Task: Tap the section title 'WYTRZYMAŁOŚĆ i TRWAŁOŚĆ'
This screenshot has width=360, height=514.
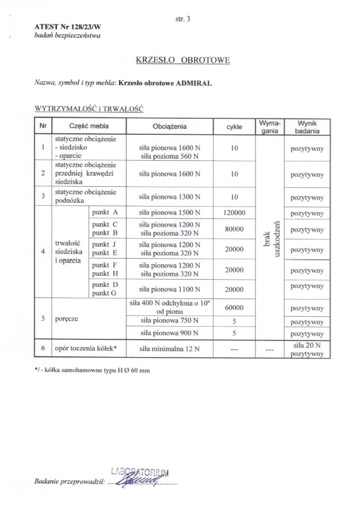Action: (x=88, y=109)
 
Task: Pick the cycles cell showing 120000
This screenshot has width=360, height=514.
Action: (x=234, y=212)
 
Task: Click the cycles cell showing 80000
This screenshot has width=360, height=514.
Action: (x=234, y=229)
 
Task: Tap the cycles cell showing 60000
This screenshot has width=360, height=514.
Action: (x=234, y=308)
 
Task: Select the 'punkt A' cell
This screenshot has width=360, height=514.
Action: (x=105, y=212)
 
